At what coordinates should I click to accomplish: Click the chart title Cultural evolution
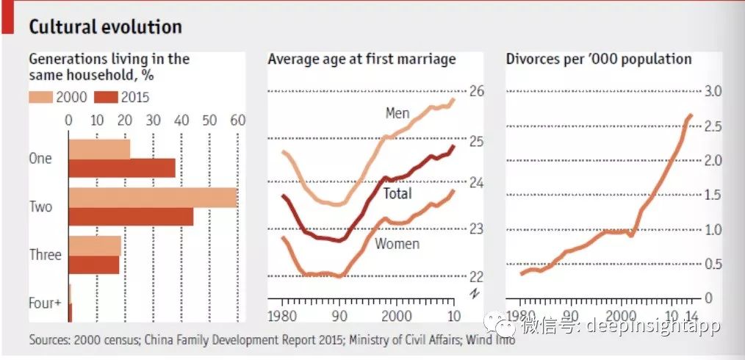(105, 27)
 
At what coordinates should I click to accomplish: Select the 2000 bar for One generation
(99, 148)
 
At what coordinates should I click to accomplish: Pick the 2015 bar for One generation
(122, 168)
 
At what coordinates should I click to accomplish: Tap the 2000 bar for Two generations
(153, 198)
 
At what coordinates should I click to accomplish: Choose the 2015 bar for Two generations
(131, 217)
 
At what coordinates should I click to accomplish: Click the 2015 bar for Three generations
(93, 264)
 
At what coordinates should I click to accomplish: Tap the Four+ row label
(45, 302)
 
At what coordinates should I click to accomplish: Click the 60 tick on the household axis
(237, 120)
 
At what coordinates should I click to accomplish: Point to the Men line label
(397, 113)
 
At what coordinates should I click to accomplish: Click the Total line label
(397, 194)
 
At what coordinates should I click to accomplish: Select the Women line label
(397, 243)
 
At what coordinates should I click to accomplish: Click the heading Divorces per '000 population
(599, 59)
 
